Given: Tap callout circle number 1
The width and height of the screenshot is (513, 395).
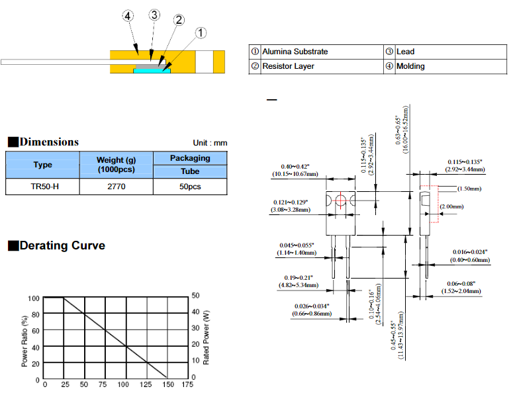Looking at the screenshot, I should (x=201, y=32).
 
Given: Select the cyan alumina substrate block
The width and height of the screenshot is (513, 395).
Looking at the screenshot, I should (x=152, y=70).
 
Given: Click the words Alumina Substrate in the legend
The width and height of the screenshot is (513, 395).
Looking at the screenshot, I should (x=295, y=52).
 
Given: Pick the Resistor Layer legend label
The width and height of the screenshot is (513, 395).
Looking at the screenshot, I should (x=288, y=66).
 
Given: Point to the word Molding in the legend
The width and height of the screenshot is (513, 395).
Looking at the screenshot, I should (x=410, y=66).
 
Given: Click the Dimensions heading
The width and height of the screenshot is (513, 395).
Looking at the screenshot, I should (x=49, y=142).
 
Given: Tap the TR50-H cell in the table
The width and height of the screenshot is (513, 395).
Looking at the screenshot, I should (x=42, y=187).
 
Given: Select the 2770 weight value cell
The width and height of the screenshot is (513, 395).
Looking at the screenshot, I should (x=116, y=187).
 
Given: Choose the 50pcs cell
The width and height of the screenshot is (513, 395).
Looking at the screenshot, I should (x=190, y=187).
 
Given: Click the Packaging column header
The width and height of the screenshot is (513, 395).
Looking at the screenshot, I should (x=190, y=158).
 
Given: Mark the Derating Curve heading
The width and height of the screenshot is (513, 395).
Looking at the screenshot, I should (x=62, y=245).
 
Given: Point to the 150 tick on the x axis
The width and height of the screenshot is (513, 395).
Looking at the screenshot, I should (x=167, y=384).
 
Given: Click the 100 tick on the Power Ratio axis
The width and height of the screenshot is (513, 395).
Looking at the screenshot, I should (x=34, y=298).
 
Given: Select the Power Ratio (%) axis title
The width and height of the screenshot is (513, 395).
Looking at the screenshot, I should (x=24, y=339).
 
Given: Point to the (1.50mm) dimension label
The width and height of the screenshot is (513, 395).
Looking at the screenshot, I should (x=469, y=189).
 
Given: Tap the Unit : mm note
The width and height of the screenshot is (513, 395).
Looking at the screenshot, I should (x=210, y=143).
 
